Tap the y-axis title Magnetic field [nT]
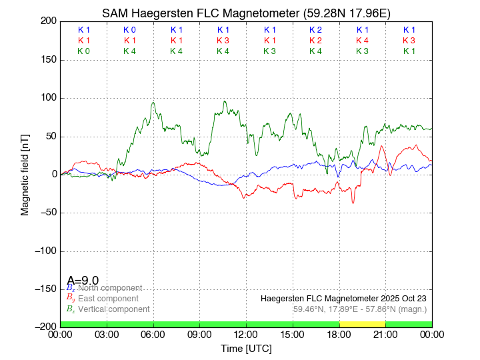click(25, 173)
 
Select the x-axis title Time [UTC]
click(246, 348)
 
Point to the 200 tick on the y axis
click(47, 21)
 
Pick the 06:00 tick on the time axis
click(153, 334)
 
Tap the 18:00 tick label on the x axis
click(339, 334)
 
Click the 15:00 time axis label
click(293, 334)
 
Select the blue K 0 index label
click(129, 30)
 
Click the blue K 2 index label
click(316, 30)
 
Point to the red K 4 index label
click(363, 41)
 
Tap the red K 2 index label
click(316, 41)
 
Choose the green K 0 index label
click(83, 51)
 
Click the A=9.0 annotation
click(83, 280)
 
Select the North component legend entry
click(107, 288)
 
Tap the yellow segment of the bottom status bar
click(362, 323)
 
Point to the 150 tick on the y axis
click(47, 60)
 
